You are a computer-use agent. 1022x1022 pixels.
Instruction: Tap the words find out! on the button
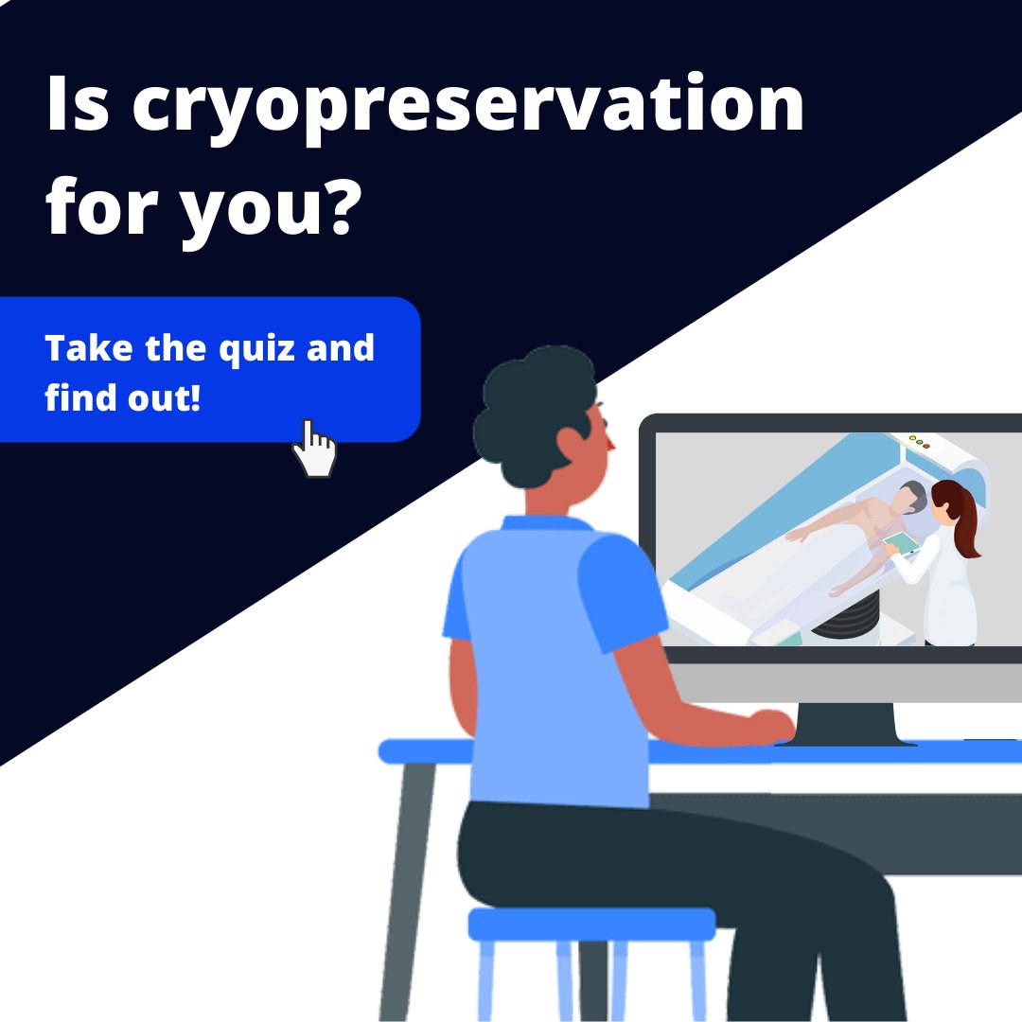[x=123, y=398]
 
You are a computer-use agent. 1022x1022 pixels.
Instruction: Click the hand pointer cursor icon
[x=314, y=449]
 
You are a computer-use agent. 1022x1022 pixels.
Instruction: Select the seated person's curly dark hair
[x=530, y=407]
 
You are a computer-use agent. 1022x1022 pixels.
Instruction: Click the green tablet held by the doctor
[x=901, y=543]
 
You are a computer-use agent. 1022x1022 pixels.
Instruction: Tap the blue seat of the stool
[x=591, y=924]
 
